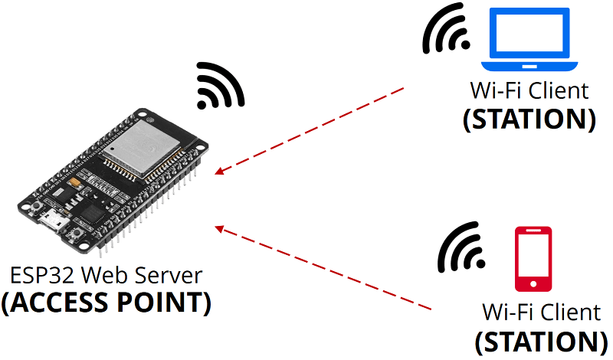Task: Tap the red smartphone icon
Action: pos(533,259)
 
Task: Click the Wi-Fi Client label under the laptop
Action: pos(529,91)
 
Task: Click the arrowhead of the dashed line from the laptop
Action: pos(219,172)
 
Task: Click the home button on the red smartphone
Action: pos(533,283)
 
